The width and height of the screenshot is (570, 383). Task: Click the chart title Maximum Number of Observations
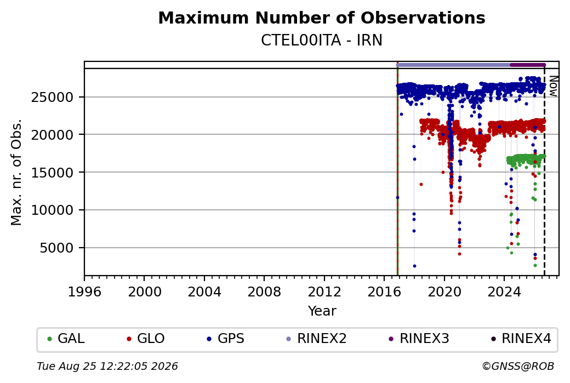(322, 18)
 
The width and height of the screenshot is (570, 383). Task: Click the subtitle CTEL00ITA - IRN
(322, 41)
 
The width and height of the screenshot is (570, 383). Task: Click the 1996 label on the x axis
(84, 292)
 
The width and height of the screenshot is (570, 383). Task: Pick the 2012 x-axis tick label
(324, 292)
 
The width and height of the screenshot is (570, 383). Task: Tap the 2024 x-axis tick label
(504, 292)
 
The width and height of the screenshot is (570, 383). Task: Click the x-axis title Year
(322, 311)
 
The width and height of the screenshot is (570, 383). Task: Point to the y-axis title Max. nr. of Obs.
(16, 172)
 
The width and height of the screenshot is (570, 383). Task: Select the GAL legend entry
(66, 339)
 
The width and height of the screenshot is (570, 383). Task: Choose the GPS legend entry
(226, 339)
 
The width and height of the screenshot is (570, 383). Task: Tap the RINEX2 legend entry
(317, 339)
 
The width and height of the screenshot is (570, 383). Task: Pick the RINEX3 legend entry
(419, 339)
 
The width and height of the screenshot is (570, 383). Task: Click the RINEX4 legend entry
(521, 339)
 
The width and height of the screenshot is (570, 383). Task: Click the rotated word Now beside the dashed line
(553, 86)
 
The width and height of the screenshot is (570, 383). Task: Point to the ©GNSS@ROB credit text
(518, 366)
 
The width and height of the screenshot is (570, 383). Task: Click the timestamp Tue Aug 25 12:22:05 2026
(107, 366)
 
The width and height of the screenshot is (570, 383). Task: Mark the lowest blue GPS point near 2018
(414, 266)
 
